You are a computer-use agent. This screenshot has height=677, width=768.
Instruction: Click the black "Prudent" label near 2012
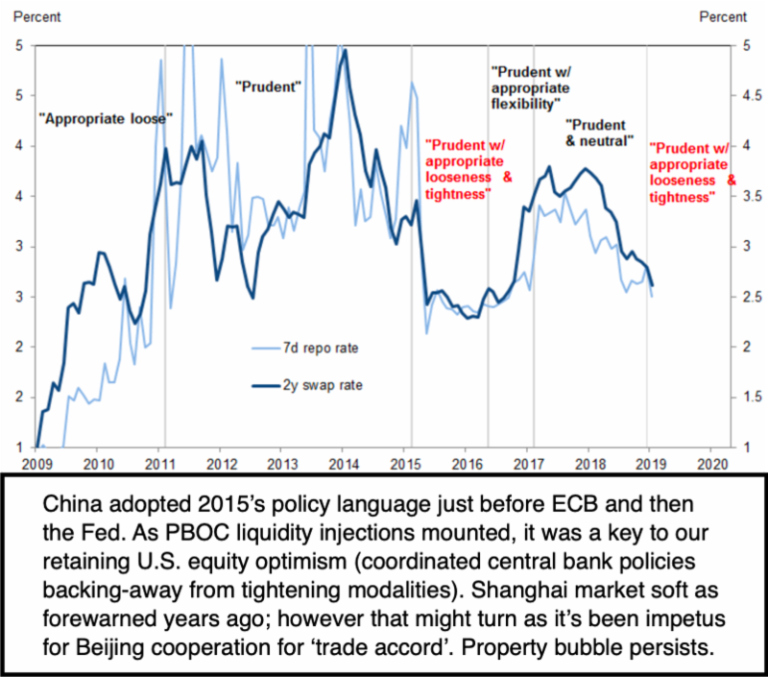coord(269,86)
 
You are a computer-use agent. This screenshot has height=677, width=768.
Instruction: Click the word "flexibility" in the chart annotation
coord(525,102)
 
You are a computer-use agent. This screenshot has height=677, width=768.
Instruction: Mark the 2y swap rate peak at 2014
coord(345,51)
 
